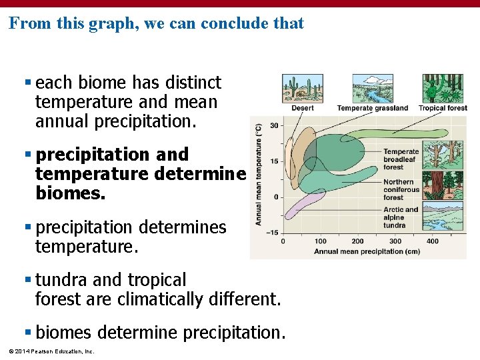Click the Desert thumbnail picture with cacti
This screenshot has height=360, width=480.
click(302, 88)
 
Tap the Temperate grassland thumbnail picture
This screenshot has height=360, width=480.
click(372, 88)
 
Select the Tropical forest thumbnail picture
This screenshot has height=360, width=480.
click(442, 88)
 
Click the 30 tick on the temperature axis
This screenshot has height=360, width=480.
click(274, 126)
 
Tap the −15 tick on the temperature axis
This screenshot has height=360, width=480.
click(272, 233)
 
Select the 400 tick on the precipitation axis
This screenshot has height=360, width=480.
click(433, 241)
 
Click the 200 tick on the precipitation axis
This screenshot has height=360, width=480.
click(358, 241)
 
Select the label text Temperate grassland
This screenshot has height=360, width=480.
click(372, 108)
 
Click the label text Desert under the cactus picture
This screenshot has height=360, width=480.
click(302, 108)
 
